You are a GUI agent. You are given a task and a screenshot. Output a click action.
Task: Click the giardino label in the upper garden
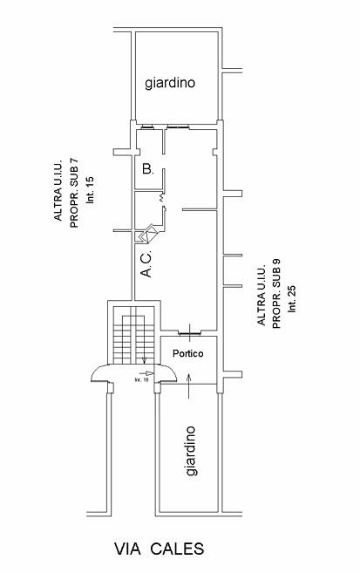170,83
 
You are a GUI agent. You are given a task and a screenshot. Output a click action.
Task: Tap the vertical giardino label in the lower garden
191,451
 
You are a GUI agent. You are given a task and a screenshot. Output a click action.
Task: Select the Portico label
188,353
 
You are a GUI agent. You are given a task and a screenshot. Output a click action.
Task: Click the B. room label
148,169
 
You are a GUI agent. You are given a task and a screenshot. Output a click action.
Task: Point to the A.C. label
146,264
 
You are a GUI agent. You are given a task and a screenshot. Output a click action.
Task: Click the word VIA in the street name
127,549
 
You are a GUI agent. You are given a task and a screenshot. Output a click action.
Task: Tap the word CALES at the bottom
177,549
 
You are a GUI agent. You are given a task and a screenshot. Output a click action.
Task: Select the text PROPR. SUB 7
74,194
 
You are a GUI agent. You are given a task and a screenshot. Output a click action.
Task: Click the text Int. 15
90,190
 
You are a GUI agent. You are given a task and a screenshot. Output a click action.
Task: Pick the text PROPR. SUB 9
276,294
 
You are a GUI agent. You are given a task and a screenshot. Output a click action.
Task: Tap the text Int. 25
292,298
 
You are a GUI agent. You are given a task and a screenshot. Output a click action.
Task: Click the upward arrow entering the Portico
189,385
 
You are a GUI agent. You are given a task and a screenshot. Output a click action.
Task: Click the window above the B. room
147,127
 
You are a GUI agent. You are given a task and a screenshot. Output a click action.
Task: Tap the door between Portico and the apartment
189,332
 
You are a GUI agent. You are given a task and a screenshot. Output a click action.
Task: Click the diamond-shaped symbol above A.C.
146,234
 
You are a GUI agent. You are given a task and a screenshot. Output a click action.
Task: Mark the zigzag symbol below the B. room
161,198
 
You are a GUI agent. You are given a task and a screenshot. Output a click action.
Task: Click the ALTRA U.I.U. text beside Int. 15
58,190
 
